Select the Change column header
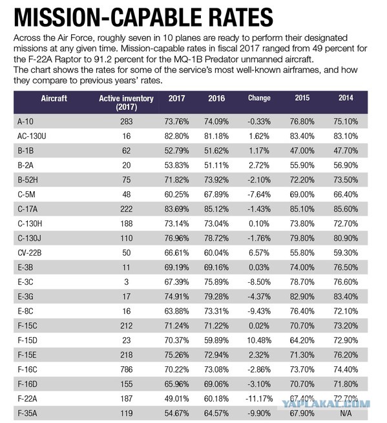259,98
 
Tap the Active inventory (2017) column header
126,103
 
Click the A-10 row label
25,121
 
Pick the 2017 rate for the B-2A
176,165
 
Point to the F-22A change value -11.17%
259,398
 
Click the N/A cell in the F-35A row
346,413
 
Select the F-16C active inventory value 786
126,369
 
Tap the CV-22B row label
30,253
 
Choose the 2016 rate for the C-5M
216,194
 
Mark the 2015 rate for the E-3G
302,296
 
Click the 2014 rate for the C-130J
346,238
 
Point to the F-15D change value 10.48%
259,340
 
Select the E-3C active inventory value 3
126,282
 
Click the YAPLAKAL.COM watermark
326,404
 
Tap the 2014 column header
346,98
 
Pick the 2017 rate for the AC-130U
176,136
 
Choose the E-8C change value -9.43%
259,311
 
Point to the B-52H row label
28,180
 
